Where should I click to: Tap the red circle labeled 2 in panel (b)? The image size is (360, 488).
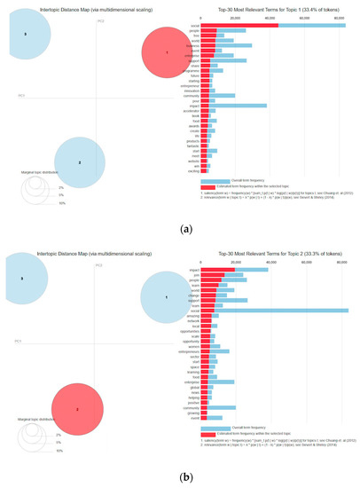tap(79, 409)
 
